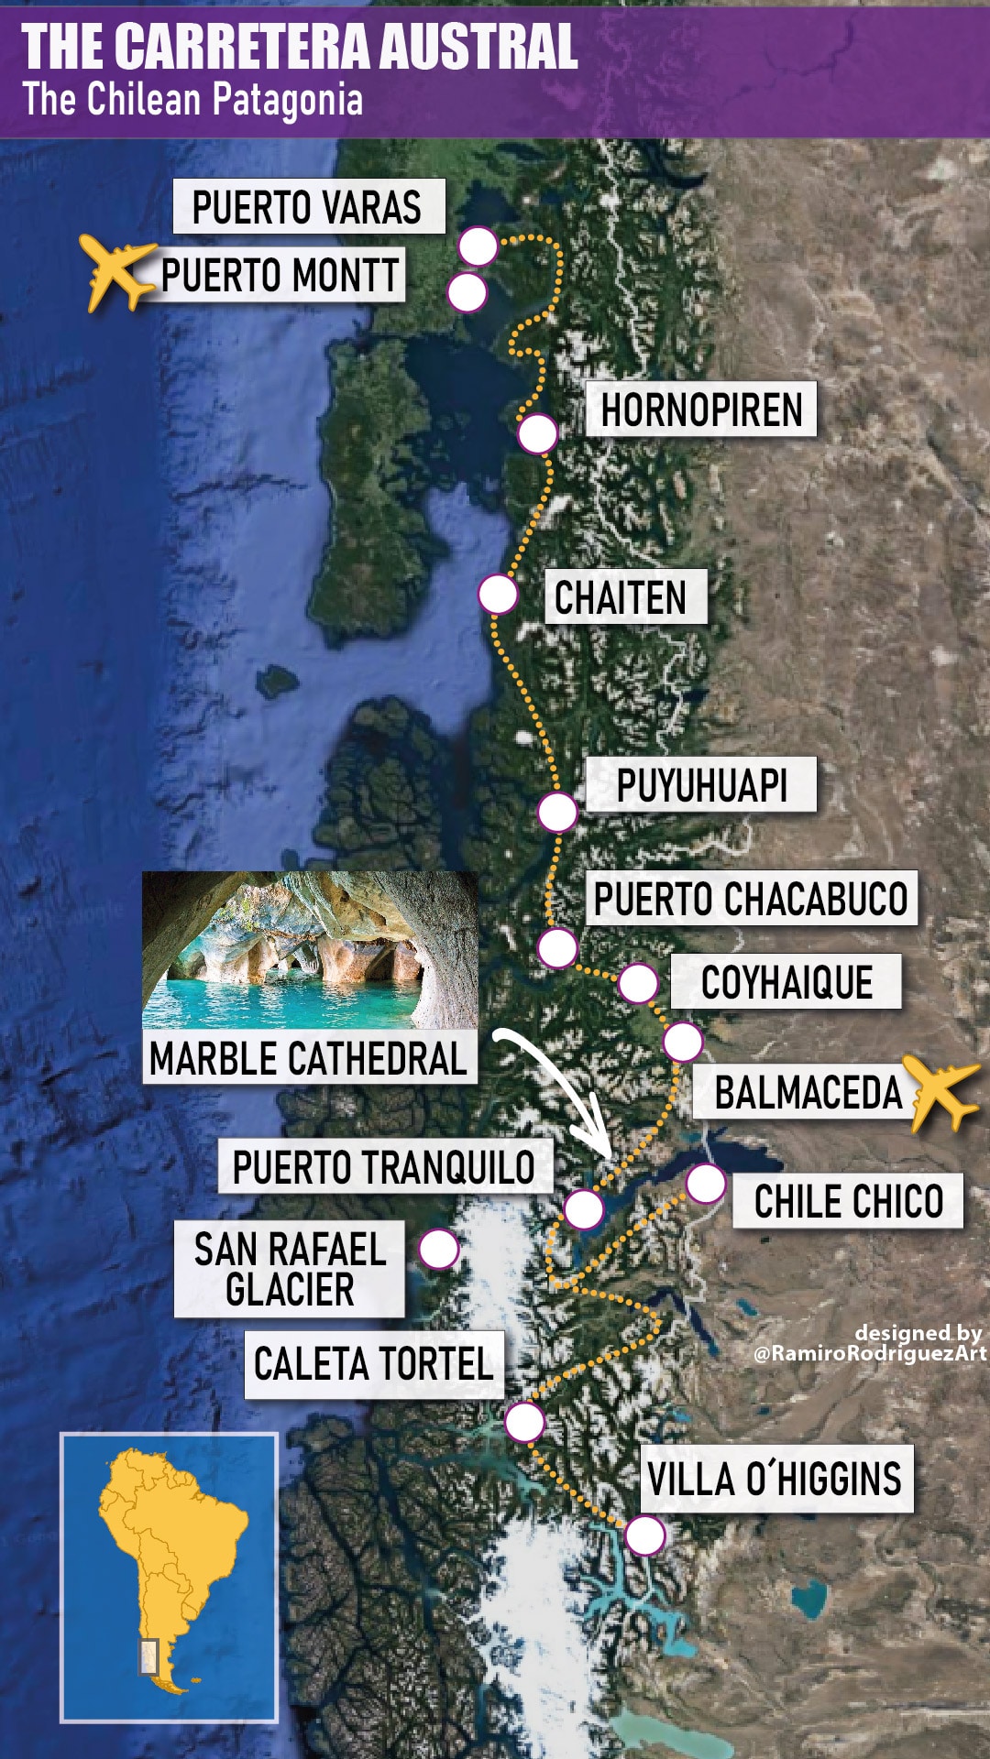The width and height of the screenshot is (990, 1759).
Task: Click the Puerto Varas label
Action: coord(308,207)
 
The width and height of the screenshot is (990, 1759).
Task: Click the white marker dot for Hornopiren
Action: coord(537,433)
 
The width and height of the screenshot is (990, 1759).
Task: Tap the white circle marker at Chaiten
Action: coord(498,595)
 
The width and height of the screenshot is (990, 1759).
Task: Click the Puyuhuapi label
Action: coord(701,785)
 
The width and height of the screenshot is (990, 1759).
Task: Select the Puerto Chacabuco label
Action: coord(751,899)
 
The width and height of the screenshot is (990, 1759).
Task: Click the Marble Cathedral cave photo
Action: coord(310,950)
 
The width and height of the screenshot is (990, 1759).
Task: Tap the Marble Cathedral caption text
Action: coord(309,1059)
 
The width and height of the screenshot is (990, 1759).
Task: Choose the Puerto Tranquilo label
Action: coord(384,1167)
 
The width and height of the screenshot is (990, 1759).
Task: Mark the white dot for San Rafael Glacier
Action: coord(439,1249)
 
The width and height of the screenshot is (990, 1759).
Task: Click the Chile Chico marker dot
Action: coord(706,1184)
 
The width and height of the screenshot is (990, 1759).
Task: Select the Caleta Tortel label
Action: coord(374,1364)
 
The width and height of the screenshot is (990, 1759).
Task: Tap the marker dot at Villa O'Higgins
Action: coord(645,1535)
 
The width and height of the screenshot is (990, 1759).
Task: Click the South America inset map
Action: coord(170,1577)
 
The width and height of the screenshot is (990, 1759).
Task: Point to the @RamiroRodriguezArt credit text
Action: coord(869,1353)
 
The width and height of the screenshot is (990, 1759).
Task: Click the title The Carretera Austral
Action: coord(300,47)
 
